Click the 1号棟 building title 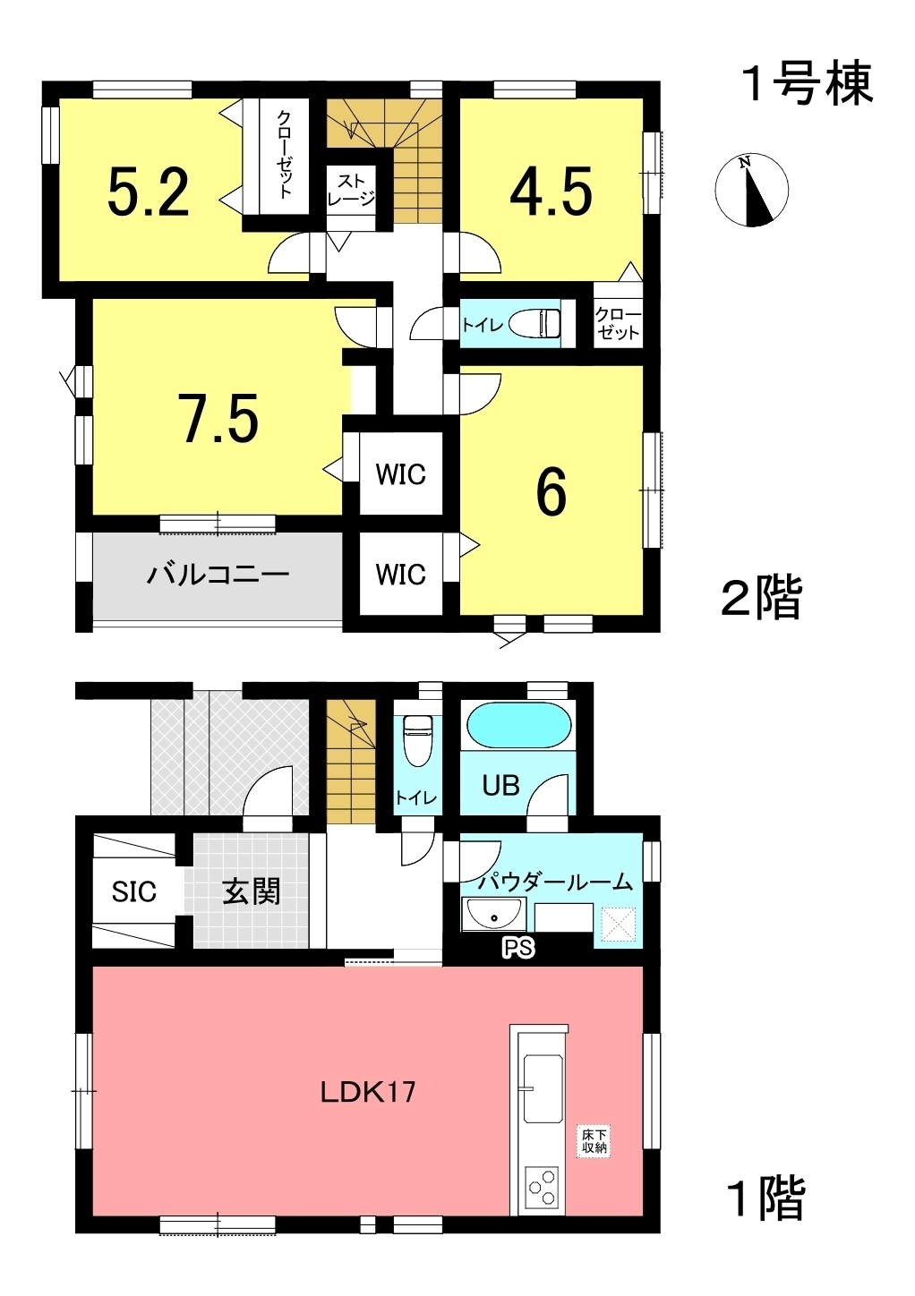(807, 84)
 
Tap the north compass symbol (751, 190)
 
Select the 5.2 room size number (149, 192)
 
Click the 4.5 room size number (551, 191)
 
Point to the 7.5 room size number (218, 419)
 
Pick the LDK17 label (368, 1094)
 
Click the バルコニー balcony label (218, 575)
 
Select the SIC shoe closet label (133, 892)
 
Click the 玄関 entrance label (252, 891)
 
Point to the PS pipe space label (518, 948)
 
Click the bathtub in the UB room (518, 726)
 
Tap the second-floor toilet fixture (534, 323)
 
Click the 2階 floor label (762, 598)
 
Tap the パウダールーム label (554, 882)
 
